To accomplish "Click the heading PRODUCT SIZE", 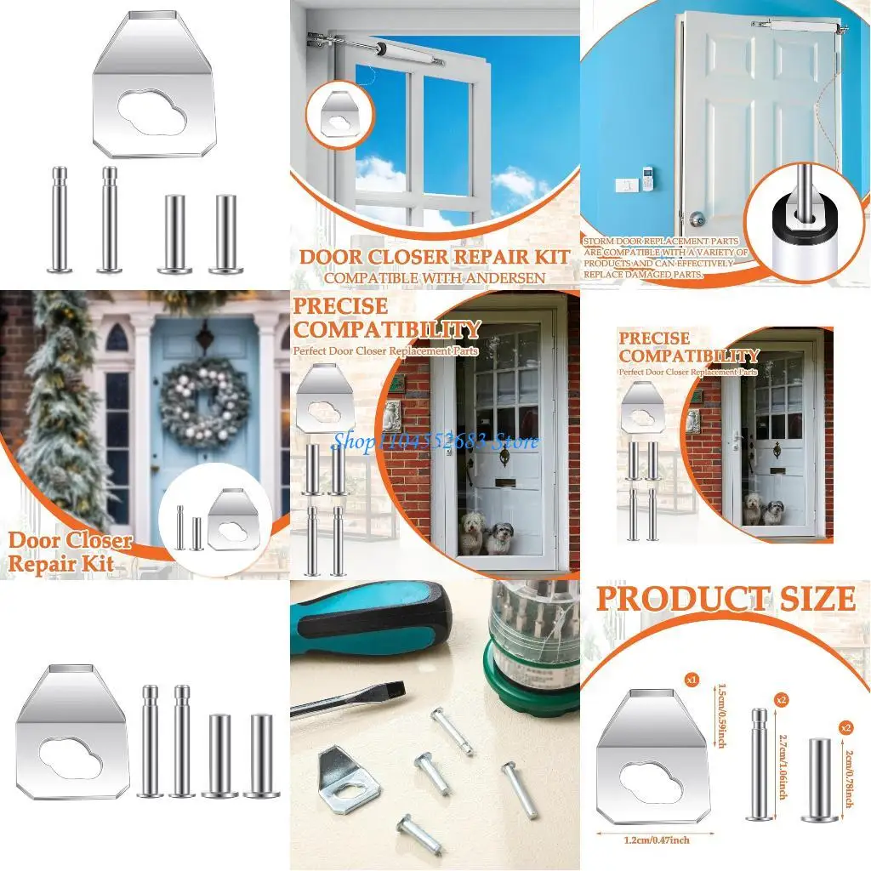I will click(x=725, y=600).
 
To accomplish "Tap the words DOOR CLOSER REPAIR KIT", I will click(x=435, y=256).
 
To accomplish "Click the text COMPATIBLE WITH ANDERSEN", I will click(x=435, y=276).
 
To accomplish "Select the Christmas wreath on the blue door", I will click(x=204, y=401).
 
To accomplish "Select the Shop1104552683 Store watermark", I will click(x=435, y=441).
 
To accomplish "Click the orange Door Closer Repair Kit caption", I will click(x=72, y=552).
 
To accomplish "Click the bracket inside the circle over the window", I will click(x=342, y=113).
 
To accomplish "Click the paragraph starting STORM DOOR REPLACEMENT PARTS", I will click(x=665, y=258).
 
